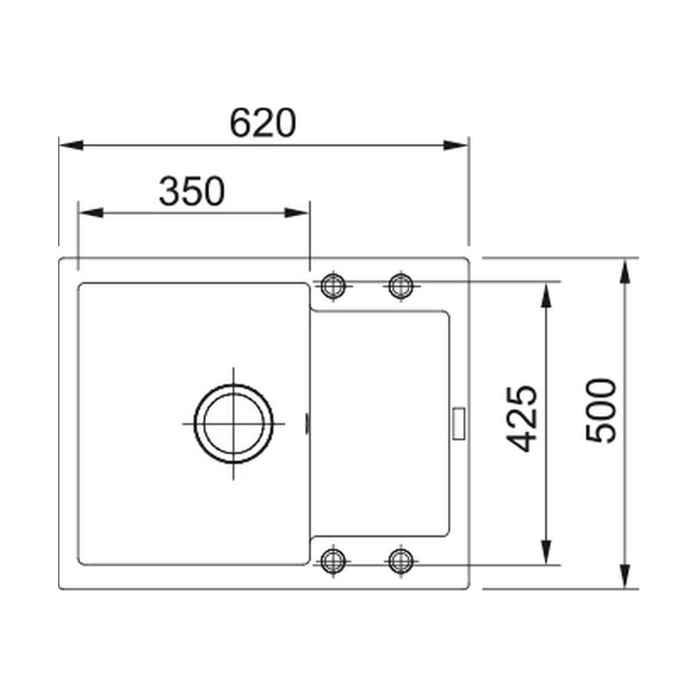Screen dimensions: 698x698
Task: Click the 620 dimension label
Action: (x=263, y=122)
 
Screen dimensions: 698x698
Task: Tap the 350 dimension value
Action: (x=192, y=191)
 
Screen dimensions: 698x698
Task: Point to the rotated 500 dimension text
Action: (x=600, y=411)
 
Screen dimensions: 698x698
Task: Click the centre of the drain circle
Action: (x=234, y=423)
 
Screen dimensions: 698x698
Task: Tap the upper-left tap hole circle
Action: (x=333, y=286)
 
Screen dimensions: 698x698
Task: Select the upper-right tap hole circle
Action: (x=401, y=286)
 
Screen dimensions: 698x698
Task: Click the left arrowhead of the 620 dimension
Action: (x=71, y=145)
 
